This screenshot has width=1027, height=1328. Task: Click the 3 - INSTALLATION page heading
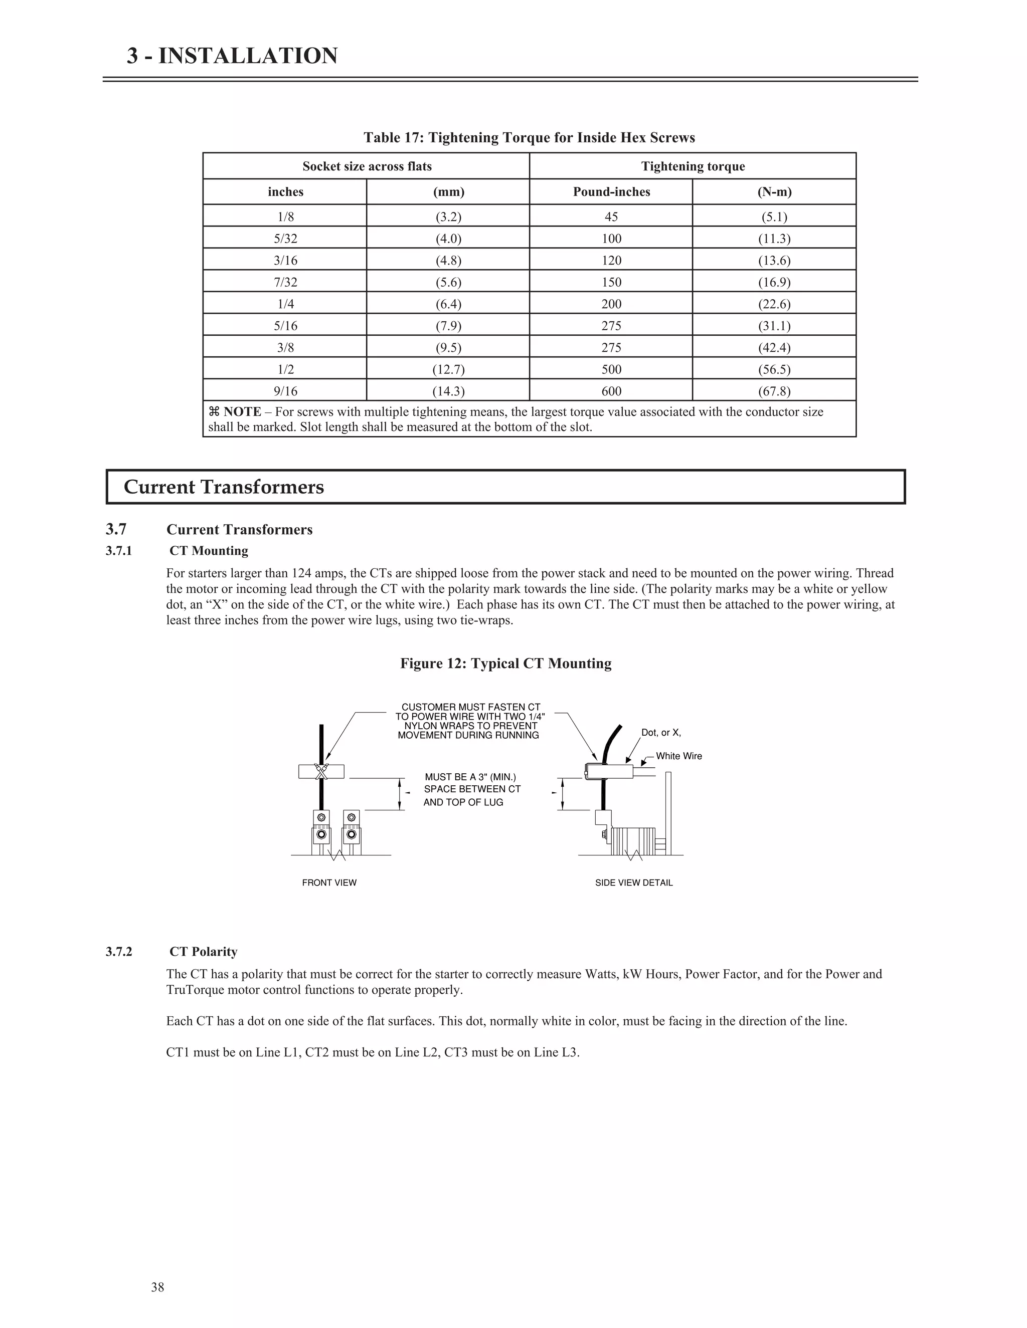coord(232,56)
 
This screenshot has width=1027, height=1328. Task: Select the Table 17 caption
coord(529,137)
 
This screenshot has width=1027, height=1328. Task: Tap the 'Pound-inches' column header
coord(611,191)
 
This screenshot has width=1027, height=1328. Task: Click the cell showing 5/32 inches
coord(285,239)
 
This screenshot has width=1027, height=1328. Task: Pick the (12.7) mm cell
coord(448,369)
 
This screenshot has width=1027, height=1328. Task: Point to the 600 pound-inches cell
coord(611,391)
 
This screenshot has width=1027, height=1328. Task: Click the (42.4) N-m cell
coord(774,347)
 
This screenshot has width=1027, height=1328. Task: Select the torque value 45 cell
coord(611,216)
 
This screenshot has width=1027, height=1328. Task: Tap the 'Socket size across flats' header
coord(367,166)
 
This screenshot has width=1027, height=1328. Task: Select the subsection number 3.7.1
coord(119,551)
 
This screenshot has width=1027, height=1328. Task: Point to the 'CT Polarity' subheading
coord(203,952)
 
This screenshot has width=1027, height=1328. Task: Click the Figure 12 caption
coord(505,663)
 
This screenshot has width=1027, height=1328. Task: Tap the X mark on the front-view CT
coord(322,772)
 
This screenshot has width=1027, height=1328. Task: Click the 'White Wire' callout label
coord(678,756)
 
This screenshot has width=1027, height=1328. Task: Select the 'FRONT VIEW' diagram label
coord(329,883)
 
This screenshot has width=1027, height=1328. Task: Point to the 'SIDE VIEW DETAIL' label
coord(633,883)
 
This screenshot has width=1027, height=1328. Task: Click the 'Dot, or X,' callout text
coord(661,733)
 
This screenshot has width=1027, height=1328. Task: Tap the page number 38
coord(157,1287)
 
